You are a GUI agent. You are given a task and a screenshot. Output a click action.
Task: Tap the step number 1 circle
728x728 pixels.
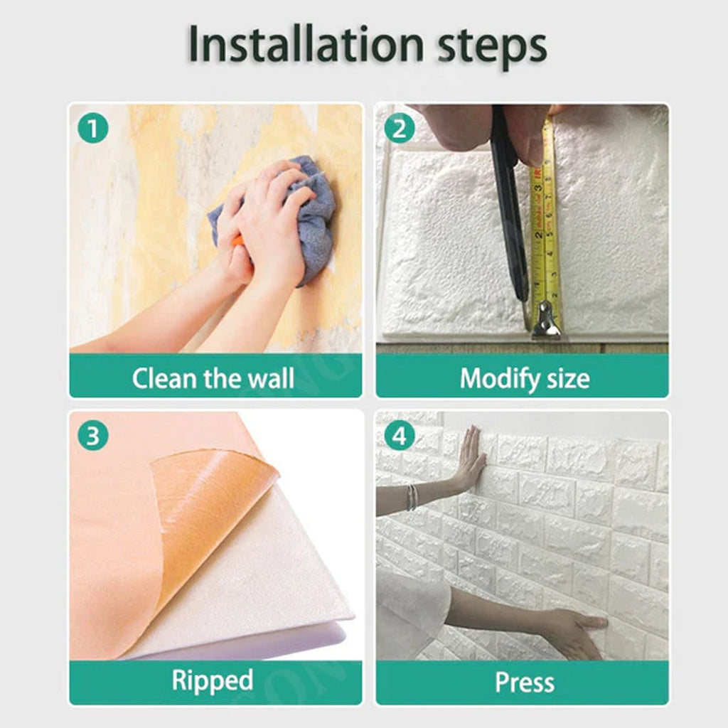(x=93, y=129)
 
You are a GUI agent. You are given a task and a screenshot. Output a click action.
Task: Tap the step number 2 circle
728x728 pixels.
(x=400, y=129)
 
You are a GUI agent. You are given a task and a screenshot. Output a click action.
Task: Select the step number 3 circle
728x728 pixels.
(x=93, y=436)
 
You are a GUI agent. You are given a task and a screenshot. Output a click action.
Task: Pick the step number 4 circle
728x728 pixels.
(x=400, y=436)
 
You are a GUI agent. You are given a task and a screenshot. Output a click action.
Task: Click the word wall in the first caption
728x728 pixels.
(x=270, y=378)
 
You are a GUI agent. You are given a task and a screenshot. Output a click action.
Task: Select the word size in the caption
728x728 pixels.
(x=566, y=378)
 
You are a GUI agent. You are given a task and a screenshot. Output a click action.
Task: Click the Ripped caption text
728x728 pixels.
(x=212, y=681)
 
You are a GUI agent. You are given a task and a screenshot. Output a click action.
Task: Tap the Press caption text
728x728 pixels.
(x=524, y=682)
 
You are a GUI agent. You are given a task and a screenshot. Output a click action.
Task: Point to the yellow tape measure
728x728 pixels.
(x=546, y=235)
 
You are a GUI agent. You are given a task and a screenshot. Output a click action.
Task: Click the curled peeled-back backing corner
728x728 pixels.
(x=213, y=498)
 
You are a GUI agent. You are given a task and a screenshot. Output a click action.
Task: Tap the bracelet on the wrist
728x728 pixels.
(x=411, y=498)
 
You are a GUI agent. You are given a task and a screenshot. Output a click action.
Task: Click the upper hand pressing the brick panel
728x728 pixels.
(x=469, y=462)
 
